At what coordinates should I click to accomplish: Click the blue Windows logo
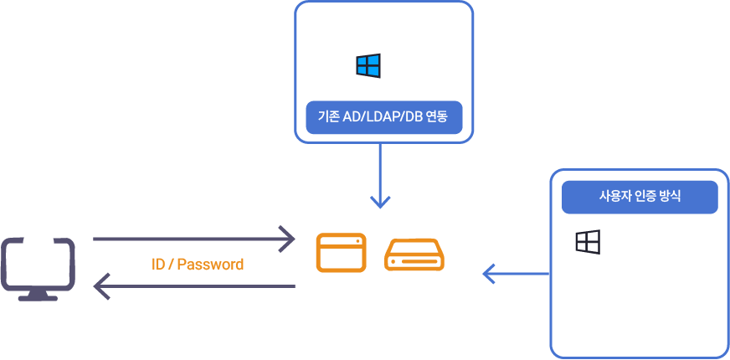click(368, 66)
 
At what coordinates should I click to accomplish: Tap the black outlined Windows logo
click(588, 242)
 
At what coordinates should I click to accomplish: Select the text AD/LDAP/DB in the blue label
click(383, 118)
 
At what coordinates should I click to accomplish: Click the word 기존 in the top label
click(328, 118)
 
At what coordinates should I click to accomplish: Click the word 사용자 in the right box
click(614, 197)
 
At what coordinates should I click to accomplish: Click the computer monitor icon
click(38, 265)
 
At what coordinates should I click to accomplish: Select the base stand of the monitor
click(38, 296)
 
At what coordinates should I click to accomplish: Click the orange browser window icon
click(341, 253)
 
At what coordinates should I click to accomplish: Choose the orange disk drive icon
click(414, 255)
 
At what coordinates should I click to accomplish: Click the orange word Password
click(210, 265)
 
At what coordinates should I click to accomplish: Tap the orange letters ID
click(158, 265)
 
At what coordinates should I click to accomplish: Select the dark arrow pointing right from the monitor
click(193, 239)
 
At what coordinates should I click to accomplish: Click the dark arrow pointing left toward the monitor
click(193, 287)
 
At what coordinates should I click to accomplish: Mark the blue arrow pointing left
click(516, 273)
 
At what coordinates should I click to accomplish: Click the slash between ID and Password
click(171, 265)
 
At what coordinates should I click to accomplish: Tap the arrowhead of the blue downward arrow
click(381, 202)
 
